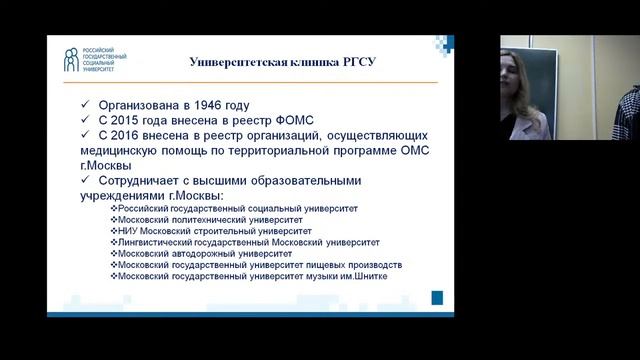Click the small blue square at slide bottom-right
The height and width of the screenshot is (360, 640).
[437, 297]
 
